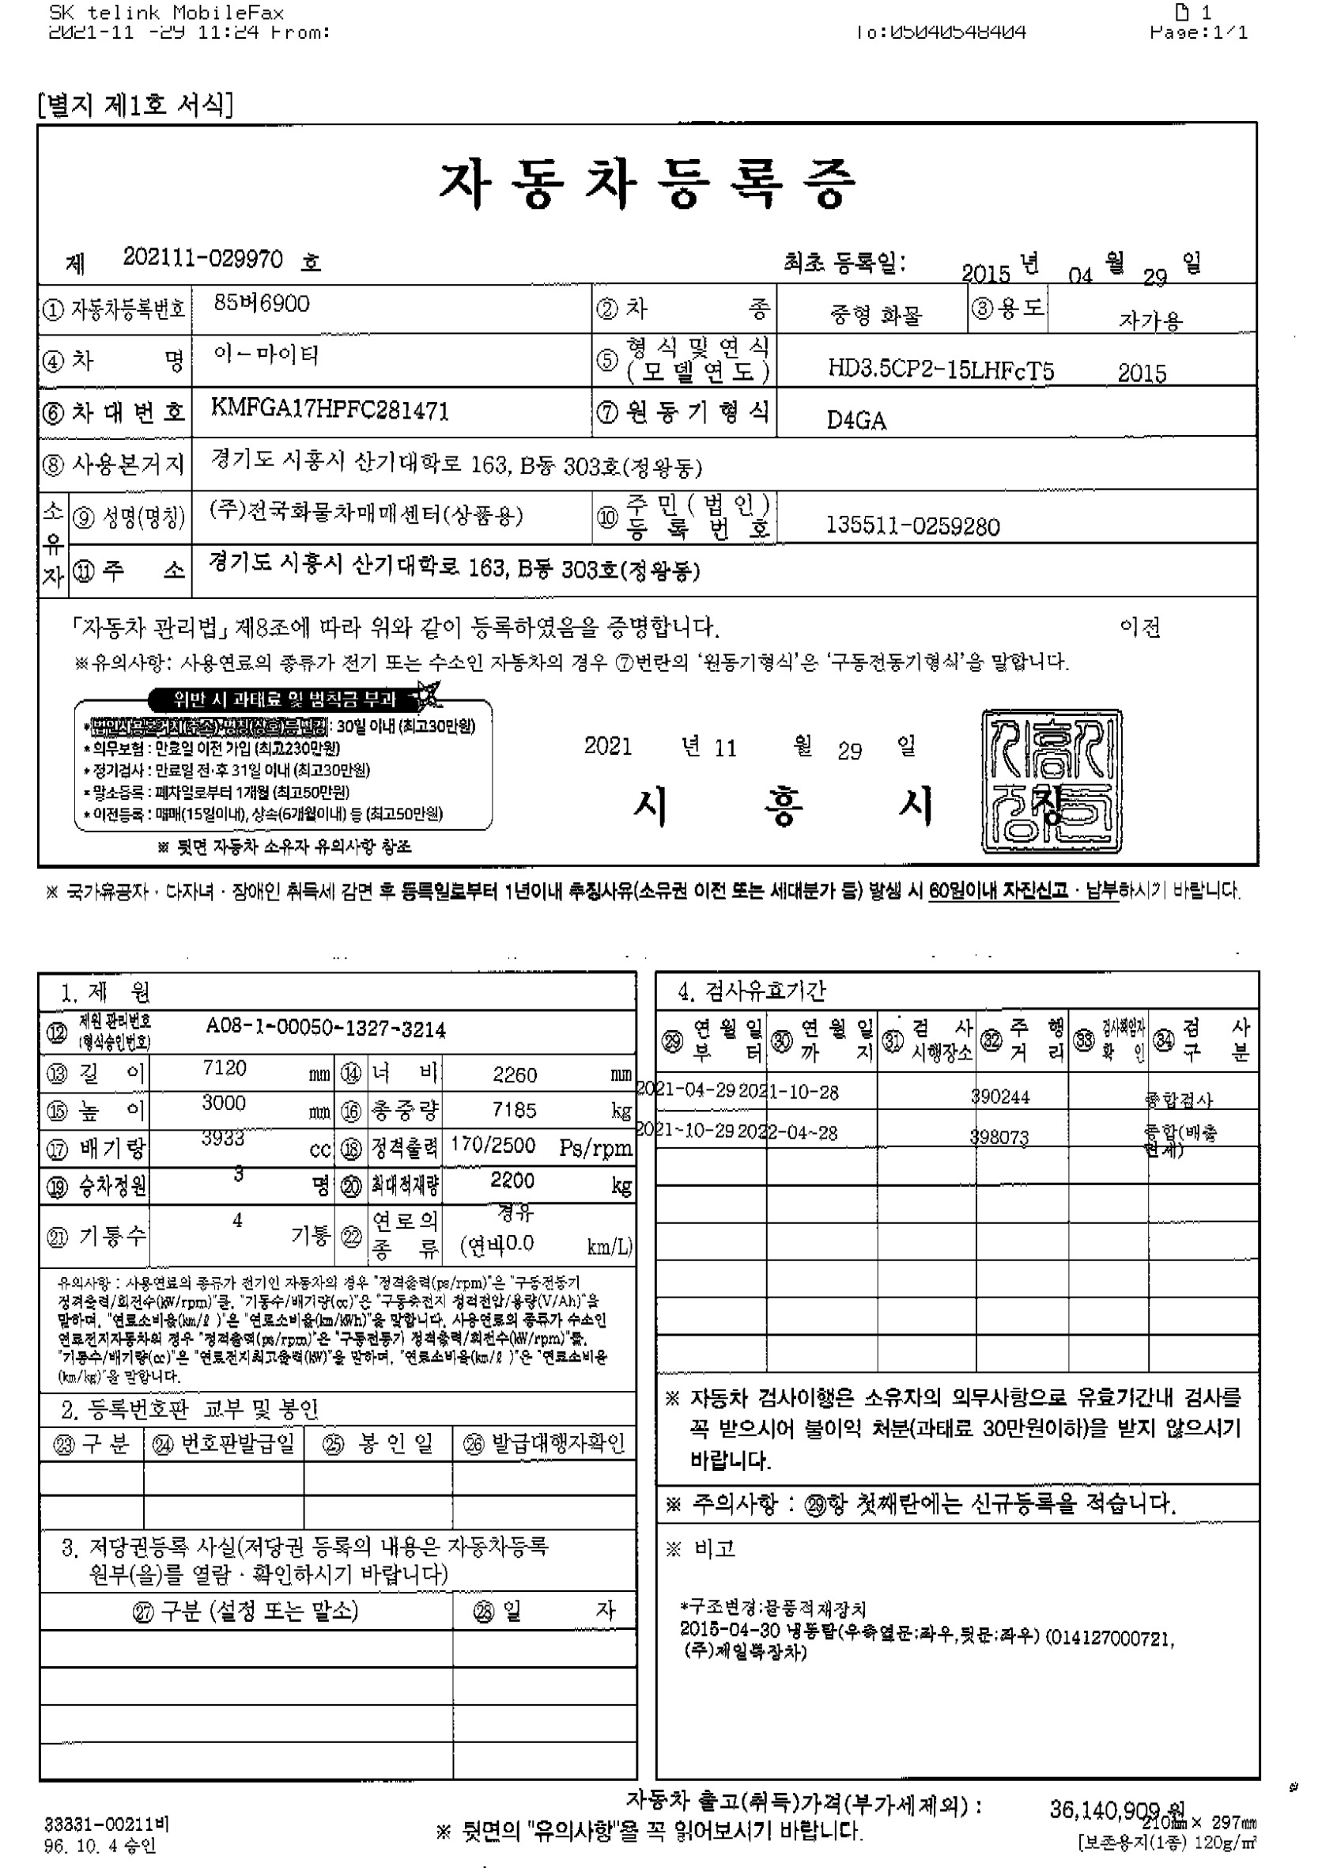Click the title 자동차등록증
647,184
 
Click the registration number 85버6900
262,304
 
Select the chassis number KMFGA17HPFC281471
330,409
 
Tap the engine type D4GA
856,421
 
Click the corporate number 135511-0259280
912,526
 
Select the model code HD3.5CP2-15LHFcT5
940,369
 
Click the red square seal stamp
1052,780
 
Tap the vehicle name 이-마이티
266,355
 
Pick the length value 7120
224,1068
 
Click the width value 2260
515,1074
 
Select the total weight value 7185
515,1109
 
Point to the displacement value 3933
223,1138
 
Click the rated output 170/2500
493,1145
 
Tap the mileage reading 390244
1000,1097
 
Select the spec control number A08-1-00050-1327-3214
326,1029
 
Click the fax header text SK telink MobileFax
166,13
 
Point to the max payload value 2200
512,1180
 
